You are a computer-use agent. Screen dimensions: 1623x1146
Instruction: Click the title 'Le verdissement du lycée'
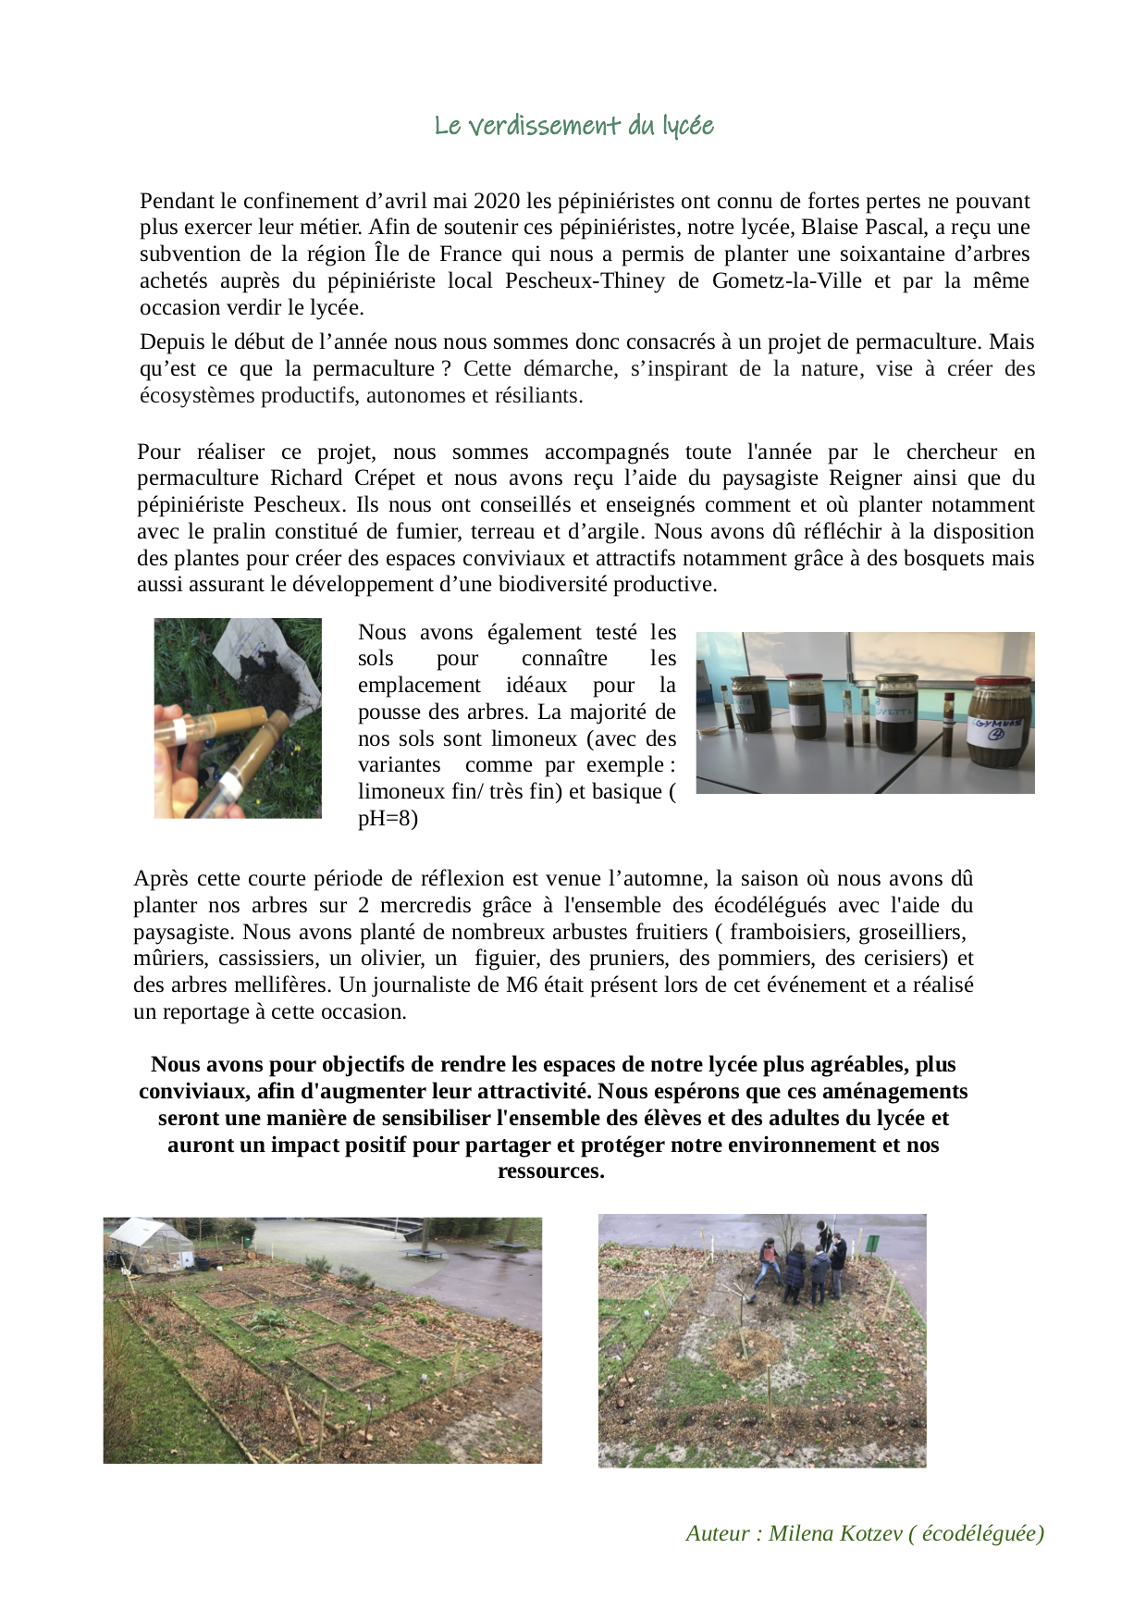tap(573, 126)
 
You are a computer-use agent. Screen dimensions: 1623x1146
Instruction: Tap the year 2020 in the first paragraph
tap(497, 202)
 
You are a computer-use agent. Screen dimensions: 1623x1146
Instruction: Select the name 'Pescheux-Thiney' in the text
tap(585, 281)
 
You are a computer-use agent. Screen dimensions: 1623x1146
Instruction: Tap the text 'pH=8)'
tap(388, 819)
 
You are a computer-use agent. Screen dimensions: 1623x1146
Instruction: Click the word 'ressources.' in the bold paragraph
tap(551, 1171)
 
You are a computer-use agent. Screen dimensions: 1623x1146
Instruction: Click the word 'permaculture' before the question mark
tap(374, 369)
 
